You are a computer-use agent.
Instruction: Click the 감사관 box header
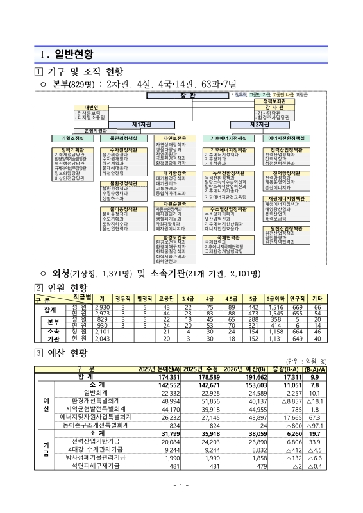[x=274, y=106]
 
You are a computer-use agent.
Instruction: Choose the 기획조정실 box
[x=72, y=138]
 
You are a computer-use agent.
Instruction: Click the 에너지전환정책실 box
[x=283, y=138]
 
